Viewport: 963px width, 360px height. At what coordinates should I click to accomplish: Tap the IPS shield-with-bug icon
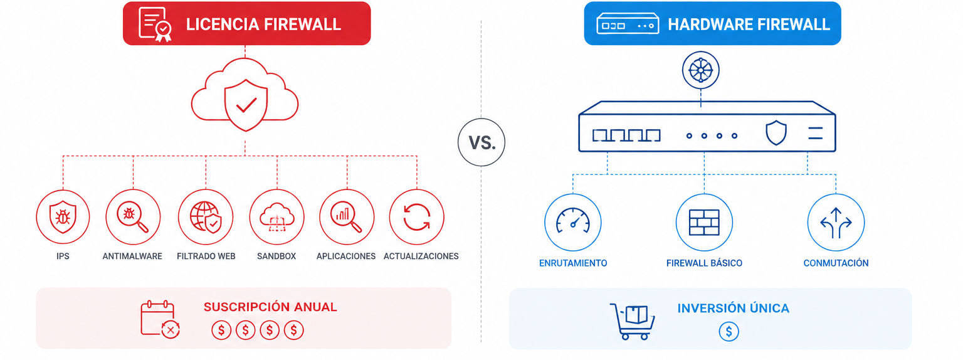pos(63,217)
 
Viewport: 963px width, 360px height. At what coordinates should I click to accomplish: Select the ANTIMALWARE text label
pos(132,257)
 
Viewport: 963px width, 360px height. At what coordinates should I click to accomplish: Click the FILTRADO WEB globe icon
pos(206,217)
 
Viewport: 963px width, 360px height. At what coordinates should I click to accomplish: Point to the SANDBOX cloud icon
pos(277,217)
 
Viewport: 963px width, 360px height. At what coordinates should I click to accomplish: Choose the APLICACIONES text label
pos(346,257)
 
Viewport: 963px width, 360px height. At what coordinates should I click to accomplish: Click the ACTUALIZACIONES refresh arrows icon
pos(416,217)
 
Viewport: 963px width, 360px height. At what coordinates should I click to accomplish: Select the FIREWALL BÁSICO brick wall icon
pos(704,223)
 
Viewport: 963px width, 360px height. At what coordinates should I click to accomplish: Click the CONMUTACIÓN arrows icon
pos(836,223)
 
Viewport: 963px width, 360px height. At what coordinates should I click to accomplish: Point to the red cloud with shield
pos(245,95)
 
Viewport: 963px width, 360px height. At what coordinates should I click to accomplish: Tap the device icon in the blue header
pos(628,24)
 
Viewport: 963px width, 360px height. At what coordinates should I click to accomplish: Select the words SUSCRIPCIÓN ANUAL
pos(270,307)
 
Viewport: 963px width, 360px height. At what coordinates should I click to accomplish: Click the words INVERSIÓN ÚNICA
pos(734,309)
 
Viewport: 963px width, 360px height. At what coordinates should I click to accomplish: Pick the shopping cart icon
pos(632,321)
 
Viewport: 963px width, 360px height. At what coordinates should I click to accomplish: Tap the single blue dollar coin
pos(729,332)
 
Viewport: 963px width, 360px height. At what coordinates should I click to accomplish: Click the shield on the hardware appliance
pos(776,133)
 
